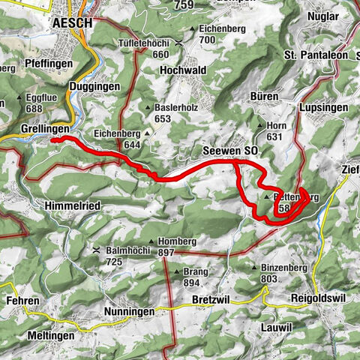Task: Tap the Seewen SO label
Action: pos(230,151)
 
